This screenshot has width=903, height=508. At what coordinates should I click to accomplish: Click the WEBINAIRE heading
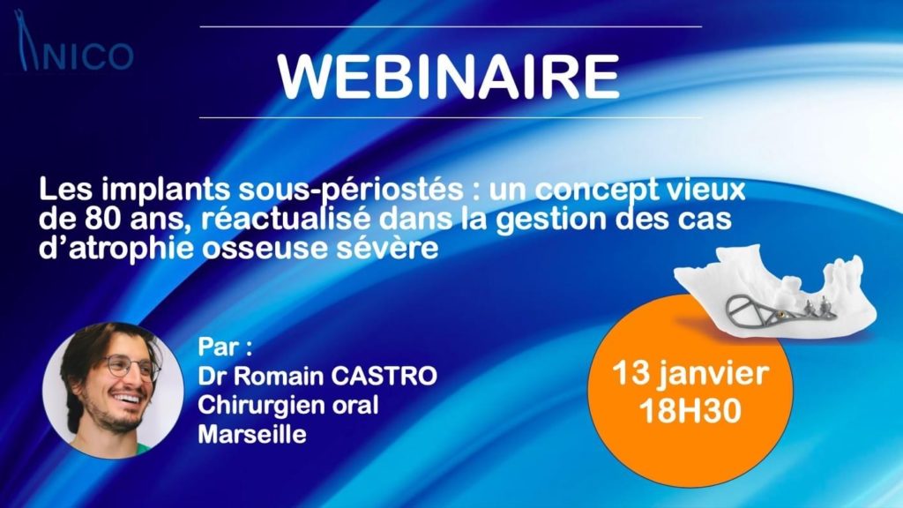[448, 78]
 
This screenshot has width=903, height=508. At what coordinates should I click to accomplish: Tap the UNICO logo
[75, 41]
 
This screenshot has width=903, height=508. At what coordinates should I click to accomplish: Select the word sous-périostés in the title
[351, 190]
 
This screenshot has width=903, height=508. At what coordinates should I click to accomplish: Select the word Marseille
[251, 434]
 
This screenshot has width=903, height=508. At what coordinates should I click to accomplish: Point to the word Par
[219, 347]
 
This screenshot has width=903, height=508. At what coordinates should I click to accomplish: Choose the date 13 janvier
[690, 374]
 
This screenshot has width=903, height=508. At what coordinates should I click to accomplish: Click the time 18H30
[690, 411]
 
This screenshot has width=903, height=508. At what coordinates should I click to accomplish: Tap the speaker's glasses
[131, 368]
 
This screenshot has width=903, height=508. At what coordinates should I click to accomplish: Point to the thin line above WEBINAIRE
[451, 26]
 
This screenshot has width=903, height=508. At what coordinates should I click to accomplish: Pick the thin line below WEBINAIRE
[451, 117]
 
